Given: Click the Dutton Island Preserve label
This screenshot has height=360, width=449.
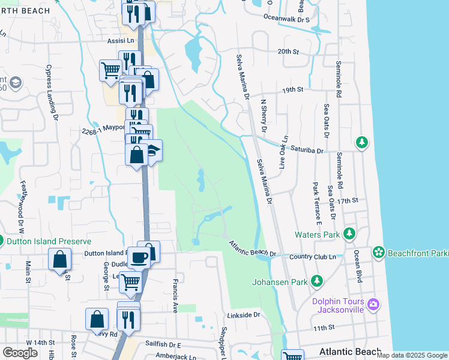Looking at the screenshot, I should click(49, 241).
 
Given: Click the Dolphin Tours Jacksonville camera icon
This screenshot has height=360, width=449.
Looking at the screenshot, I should click(373, 305).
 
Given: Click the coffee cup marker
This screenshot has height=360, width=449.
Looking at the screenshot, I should click(139, 258).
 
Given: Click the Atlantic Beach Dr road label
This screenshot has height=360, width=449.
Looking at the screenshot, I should click(252, 249).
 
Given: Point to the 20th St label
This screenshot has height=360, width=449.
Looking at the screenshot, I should click(288, 52).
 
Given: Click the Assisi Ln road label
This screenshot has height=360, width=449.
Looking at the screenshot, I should click(121, 41).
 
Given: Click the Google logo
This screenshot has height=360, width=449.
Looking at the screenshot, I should click(20, 353).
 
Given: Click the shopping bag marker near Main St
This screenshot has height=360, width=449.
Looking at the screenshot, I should click(60, 260).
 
